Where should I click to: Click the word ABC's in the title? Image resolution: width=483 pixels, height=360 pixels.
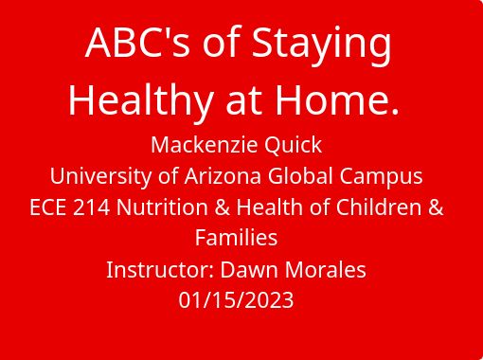tap(137, 43)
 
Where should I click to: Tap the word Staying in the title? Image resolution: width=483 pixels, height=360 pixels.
tap(322, 46)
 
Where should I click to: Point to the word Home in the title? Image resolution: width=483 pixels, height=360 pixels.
tap(331, 99)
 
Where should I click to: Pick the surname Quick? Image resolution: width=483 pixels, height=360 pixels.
tap(293, 146)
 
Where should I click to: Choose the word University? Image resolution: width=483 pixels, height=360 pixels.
tap(100, 177)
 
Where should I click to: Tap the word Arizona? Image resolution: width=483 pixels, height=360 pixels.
tap(223, 176)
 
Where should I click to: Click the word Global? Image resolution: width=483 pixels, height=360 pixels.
tap(301, 175)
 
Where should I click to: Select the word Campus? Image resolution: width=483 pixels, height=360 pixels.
tap(381, 177)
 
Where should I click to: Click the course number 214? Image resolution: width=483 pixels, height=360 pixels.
tap(92, 207)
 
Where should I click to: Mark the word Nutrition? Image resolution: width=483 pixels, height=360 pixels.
tap(162, 207)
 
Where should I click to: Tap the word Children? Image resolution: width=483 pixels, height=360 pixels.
tap(379, 207)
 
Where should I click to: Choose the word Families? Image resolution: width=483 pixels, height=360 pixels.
tap(236, 238)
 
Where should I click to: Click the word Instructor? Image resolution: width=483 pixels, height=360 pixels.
tap(160, 270)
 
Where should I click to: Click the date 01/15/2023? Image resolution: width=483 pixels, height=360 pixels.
tap(236, 300)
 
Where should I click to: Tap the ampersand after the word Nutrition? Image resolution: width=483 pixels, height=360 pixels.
tap(223, 207)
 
